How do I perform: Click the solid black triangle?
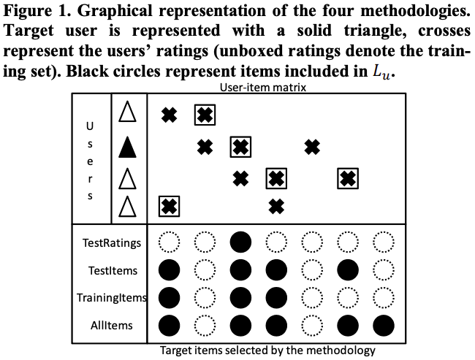click(129, 148)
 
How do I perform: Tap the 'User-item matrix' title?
click(262, 87)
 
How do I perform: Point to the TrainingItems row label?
click(112, 298)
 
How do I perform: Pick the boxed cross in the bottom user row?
click(170, 207)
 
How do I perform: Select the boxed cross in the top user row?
click(205, 115)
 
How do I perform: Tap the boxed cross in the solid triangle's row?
click(241, 148)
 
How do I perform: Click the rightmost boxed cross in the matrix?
click(348, 177)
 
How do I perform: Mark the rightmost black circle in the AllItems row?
click(383, 324)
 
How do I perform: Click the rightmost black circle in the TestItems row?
click(348, 271)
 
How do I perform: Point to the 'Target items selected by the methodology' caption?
click(267, 351)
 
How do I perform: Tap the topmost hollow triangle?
click(129, 113)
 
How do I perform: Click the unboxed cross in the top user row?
click(170, 115)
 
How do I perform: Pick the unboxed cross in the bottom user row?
click(276, 207)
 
